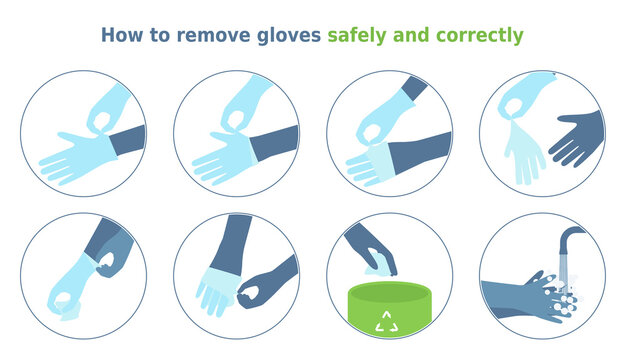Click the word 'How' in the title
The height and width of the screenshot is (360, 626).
coord(121,35)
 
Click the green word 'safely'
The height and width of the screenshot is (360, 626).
coord(361,35)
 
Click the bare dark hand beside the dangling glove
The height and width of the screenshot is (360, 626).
coord(578,139)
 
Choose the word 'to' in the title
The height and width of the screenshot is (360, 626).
coord(160,35)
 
